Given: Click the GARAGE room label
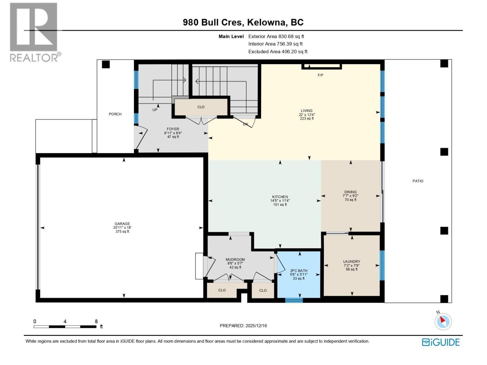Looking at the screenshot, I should pos(122,224).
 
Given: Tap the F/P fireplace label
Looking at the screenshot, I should pos(320,75).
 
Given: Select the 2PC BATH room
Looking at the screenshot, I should pos(299,274).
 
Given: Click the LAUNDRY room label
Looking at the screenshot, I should pos(352,262).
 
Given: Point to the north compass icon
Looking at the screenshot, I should pos(443,321).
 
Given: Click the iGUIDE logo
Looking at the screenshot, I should pos(441,342).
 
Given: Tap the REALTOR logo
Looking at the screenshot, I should pos(34,32).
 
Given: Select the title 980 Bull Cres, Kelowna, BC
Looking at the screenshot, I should pos(243,23).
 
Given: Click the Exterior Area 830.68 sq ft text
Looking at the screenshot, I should pos(276,36).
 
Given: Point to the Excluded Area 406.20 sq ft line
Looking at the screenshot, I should pos(278,52).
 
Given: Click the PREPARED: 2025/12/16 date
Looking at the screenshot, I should pos(243,326).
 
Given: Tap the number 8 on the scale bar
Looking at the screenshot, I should pos(96,321).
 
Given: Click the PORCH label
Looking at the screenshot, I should pos(115,114).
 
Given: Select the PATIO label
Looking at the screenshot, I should pos(418,181).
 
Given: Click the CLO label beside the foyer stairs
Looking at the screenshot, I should pos(201,107).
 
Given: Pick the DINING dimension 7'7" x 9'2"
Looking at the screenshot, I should pos(350,196).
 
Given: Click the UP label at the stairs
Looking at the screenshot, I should pos(155,110).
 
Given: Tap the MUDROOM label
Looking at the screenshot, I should pos(235,259).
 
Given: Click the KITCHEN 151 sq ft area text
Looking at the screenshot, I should pos(280,205).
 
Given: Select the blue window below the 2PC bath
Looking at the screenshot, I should pos(294,300).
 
